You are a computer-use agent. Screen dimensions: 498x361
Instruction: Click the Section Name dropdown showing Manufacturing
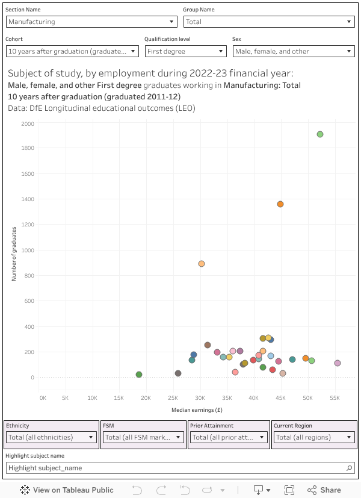point(91,22)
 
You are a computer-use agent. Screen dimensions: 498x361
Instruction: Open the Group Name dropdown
point(268,22)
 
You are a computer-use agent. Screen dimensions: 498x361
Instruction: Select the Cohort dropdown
point(73,51)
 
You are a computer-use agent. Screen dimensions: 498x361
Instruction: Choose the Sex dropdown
point(293,51)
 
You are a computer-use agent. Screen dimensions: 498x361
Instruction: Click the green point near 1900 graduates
point(320,134)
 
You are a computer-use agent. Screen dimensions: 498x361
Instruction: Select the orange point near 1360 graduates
point(280,204)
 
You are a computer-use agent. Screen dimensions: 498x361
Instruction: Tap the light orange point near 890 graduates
point(202,264)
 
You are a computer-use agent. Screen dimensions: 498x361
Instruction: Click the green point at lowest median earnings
point(139,375)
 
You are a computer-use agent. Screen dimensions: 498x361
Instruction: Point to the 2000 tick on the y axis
point(28,123)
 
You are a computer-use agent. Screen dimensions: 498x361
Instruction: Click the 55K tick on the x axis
point(335,398)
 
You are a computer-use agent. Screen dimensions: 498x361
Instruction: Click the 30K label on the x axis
point(200,398)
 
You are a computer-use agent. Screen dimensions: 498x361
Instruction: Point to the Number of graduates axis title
point(14,254)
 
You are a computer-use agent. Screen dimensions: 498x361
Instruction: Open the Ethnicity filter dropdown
point(51,437)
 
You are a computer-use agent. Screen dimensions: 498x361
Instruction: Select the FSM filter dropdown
point(143,437)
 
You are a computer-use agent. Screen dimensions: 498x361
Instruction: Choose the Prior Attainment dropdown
point(229,437)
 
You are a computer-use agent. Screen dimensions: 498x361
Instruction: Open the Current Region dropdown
point(313,437)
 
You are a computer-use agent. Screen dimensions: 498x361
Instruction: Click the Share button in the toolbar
point(324,490)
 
